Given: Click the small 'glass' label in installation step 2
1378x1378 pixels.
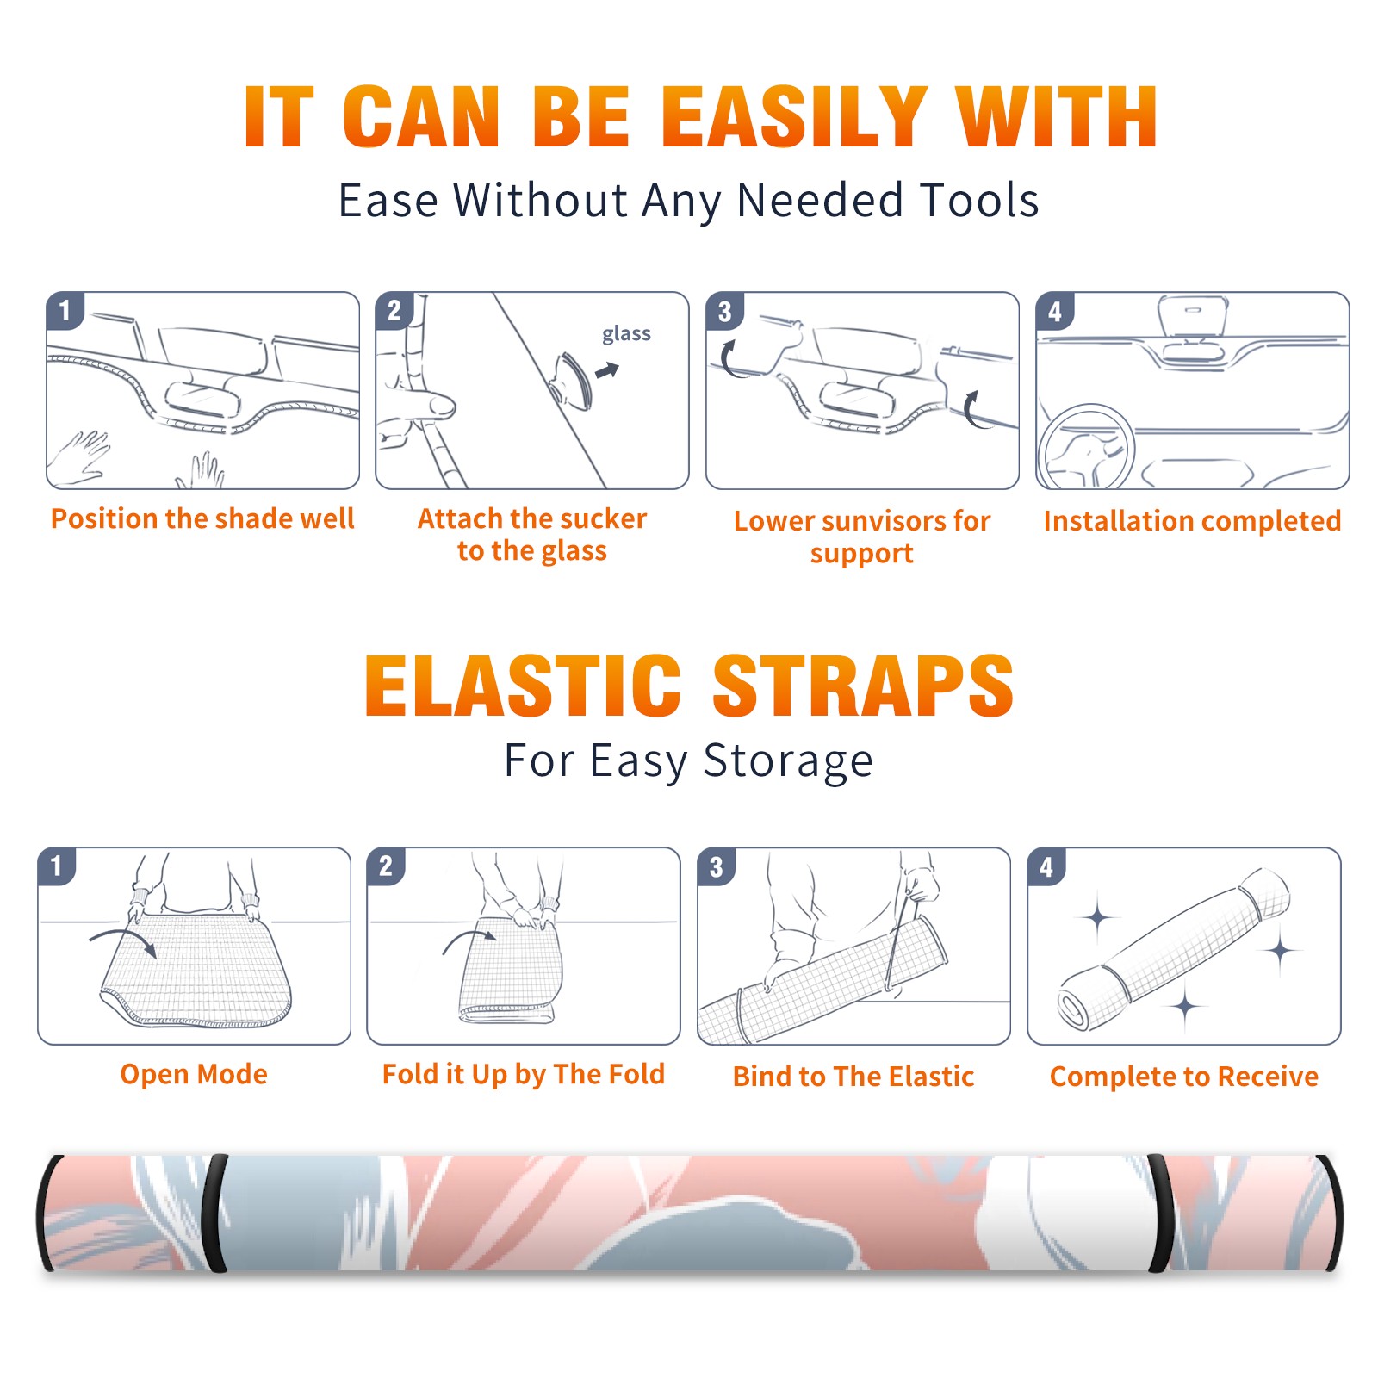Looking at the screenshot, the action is tap(626, 334).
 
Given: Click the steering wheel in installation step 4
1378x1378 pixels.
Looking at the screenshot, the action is tap(1087, 448).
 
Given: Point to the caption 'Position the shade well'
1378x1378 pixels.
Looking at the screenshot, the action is tap(202, 518).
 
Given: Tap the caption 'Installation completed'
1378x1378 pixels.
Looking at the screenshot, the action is tap(1192, 521).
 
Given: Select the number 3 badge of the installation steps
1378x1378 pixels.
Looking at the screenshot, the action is tap(724, 311).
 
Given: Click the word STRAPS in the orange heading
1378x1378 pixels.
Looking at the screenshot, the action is tap(863, 686).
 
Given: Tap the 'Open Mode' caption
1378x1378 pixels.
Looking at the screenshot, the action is tap(194, 1074).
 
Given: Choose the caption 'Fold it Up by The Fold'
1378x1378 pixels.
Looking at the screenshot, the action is tap(524, 1074).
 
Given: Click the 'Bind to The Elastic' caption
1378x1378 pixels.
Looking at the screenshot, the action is tap(853, 1077).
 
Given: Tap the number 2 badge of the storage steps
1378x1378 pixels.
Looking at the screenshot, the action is tap(386, 866).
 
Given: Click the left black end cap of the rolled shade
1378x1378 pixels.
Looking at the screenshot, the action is tap(48, 1213).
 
